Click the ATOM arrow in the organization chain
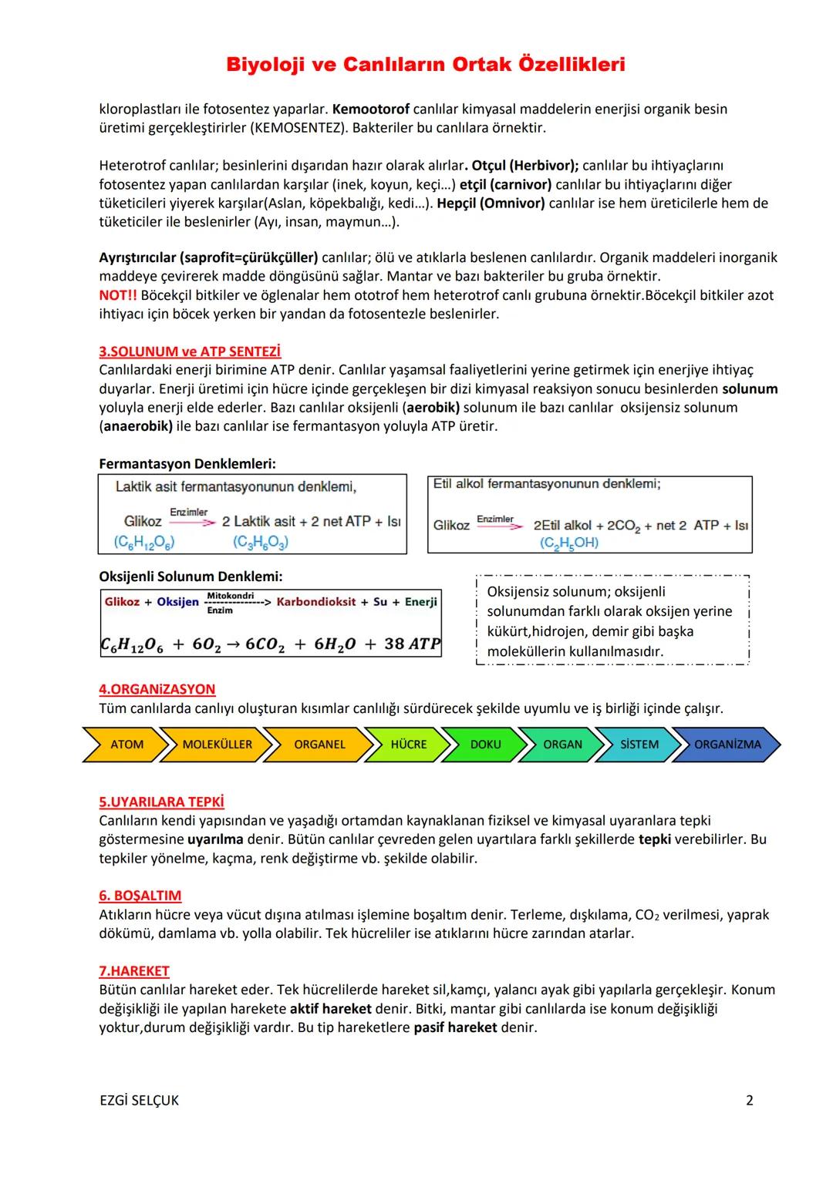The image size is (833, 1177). coord(126,745)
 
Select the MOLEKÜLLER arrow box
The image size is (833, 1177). coord(217,745)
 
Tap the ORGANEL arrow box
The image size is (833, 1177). coord(319,745)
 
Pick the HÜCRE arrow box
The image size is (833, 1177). coord(408,745)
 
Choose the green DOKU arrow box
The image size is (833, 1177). coord(485,745)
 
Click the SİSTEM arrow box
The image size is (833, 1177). coord(639,745)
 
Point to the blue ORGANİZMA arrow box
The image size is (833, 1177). coord(727,745)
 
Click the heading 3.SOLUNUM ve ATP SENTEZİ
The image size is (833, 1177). coord(190,351)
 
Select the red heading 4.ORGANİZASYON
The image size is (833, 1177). coord(157,689)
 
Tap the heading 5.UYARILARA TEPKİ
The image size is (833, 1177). coord(161,802)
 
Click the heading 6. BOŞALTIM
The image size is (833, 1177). coord(140,896)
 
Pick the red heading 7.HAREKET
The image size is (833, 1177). coord(134,971)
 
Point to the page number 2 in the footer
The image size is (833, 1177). coord(749,1101)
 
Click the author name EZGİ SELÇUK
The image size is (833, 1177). coord(139,1101)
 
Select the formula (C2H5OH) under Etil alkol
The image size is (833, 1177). coord(569,543)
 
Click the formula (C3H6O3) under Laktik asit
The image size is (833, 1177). coord(260,543)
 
